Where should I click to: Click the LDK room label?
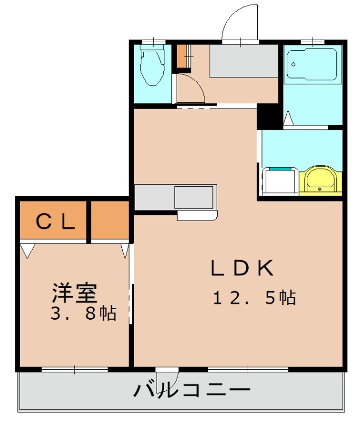242,267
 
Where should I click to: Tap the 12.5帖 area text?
255,298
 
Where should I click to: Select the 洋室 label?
74,293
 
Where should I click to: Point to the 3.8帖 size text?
84,313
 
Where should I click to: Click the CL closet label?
55,221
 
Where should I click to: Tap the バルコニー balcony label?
192,390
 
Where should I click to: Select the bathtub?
312,64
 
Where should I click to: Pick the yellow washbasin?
320,180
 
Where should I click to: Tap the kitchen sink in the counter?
194,197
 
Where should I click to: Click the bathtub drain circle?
293,64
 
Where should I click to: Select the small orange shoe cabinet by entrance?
181,56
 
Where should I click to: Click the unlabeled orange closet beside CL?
110,220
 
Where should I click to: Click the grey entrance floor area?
244,61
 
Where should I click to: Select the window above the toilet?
153,42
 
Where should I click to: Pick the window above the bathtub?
313,42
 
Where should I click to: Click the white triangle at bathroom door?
288,118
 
